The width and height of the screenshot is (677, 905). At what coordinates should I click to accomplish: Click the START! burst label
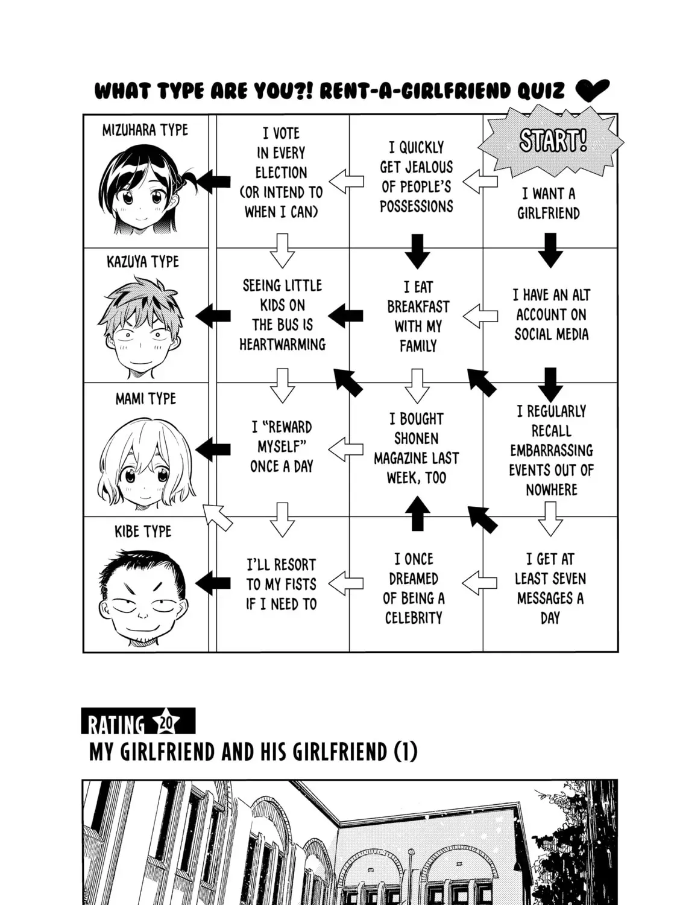coord(551,141)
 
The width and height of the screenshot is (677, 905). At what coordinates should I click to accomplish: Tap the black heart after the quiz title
coord(592,91)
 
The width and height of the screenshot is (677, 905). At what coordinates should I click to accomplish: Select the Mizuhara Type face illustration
coord(144,188)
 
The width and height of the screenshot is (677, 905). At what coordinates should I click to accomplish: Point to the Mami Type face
coord(146,463)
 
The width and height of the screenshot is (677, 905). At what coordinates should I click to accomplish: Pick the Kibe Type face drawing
coord(142,597)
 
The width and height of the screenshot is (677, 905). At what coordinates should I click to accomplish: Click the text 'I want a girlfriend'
coord(549,203)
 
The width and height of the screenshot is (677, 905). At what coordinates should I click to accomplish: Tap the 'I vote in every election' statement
coord(282,173)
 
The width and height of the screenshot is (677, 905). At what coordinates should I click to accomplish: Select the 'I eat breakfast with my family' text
coord(418,316)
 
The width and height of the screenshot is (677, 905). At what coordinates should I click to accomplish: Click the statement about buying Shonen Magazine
coord(416,448)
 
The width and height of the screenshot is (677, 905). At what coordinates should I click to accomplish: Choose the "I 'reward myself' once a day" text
coord(282,446)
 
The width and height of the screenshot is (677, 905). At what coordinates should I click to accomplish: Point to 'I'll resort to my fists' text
coord(282,584)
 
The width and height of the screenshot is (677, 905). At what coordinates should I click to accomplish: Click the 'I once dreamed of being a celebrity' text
coord(414,588)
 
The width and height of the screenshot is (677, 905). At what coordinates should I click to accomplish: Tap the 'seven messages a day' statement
coord(550,588)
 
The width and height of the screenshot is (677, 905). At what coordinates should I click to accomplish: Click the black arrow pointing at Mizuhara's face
coord(212,182)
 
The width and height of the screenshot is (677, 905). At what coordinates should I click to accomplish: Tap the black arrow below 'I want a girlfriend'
coord(550,250)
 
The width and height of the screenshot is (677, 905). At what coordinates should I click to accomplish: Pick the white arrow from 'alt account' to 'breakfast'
coord(480,316)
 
